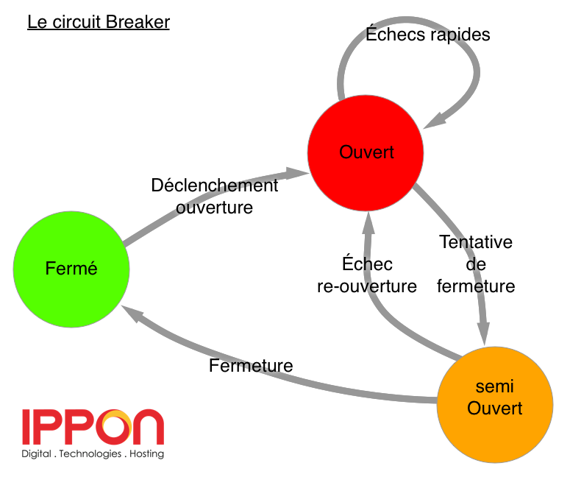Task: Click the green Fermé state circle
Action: click(x=71, y=269)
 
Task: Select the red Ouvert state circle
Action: click(x=366, y=153)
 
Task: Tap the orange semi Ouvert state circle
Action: click(x=495, y=405)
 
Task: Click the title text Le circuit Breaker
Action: click(x=99, y=22)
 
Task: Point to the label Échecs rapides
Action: click(x=428, y=34)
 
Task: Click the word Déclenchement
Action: click(x=215, y=185)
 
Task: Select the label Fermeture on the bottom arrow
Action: click(x=251, y=365)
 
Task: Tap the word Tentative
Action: click(x=476, y=242)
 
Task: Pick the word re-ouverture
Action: click(x=367, y=286)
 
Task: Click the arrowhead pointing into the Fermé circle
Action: click(x=131, y=313)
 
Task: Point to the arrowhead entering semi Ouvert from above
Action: click(x=484, y=333)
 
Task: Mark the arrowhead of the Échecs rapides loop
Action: click(x=436, y=121)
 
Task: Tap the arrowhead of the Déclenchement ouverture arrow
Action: click(x=297, y=173)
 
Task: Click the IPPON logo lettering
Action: click(x=93, y=427)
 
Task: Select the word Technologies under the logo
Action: click(x=90, y=454)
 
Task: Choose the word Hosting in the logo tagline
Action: click(x=147, y=454)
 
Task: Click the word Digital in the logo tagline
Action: click(x=36, y=454)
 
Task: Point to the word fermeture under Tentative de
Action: click(x=476, y=286)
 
